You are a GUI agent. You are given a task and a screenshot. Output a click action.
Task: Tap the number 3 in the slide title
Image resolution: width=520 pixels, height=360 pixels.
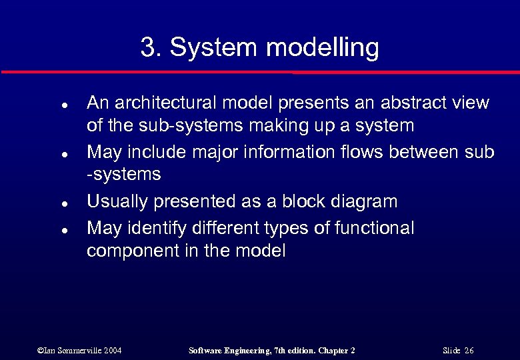148,48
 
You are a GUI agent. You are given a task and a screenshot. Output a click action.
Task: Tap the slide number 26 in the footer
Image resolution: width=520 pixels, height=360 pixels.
469,351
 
